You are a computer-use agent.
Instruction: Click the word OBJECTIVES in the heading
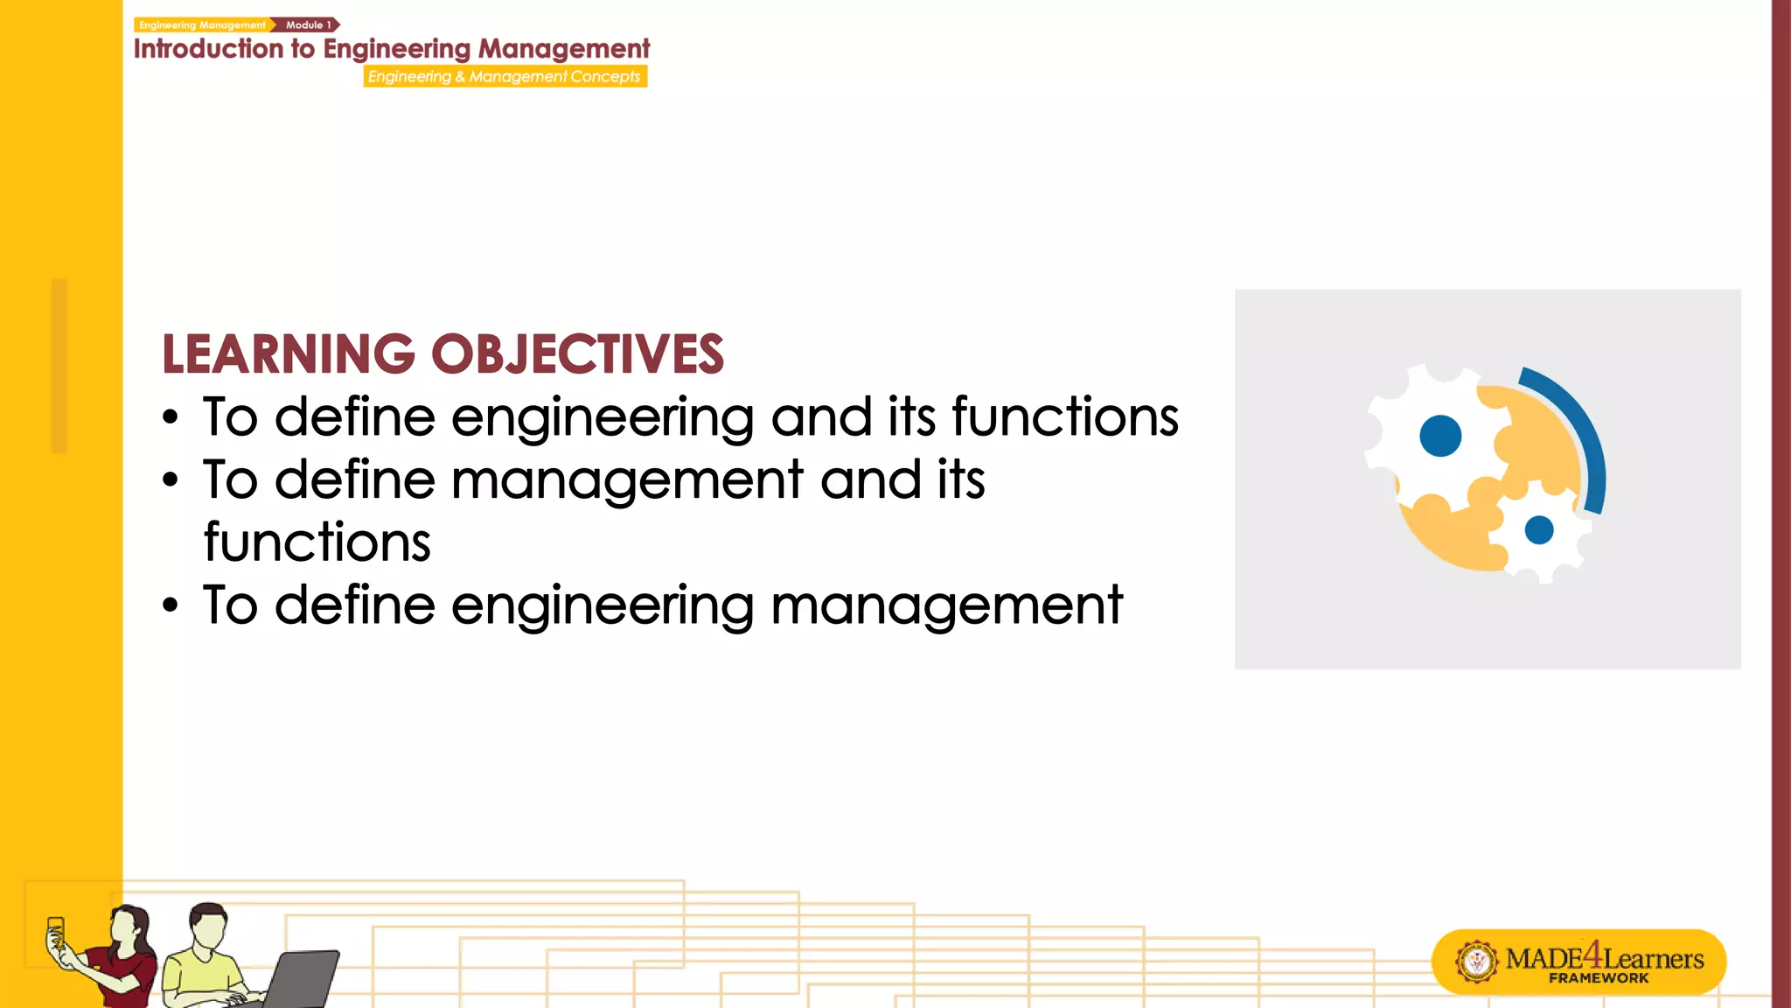click(x=577, y=354)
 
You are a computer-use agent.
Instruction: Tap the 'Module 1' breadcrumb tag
click(x=308, y=24)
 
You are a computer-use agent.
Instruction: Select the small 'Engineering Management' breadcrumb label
click(x=202, y=24)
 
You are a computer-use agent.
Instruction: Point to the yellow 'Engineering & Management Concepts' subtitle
click(x=505, y=76)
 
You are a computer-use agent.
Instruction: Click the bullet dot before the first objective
click(x=171, y=418)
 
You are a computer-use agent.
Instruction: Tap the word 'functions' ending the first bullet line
click(x=1065, y=416)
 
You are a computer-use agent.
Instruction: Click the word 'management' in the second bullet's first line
click(x=627, y=480)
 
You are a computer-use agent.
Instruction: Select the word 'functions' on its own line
click(x=317, y=542)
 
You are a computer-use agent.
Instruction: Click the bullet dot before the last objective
click(x=171, y=605)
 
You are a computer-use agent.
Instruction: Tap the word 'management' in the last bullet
click(x=946, y=605)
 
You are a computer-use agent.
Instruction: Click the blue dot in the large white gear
click(x=1440, y=436)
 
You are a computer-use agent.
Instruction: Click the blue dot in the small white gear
click(x=1538, y=529)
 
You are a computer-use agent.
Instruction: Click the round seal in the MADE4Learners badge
click(x=1477, y=962)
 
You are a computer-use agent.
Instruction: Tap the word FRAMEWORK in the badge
click(x=1599, y=978)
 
